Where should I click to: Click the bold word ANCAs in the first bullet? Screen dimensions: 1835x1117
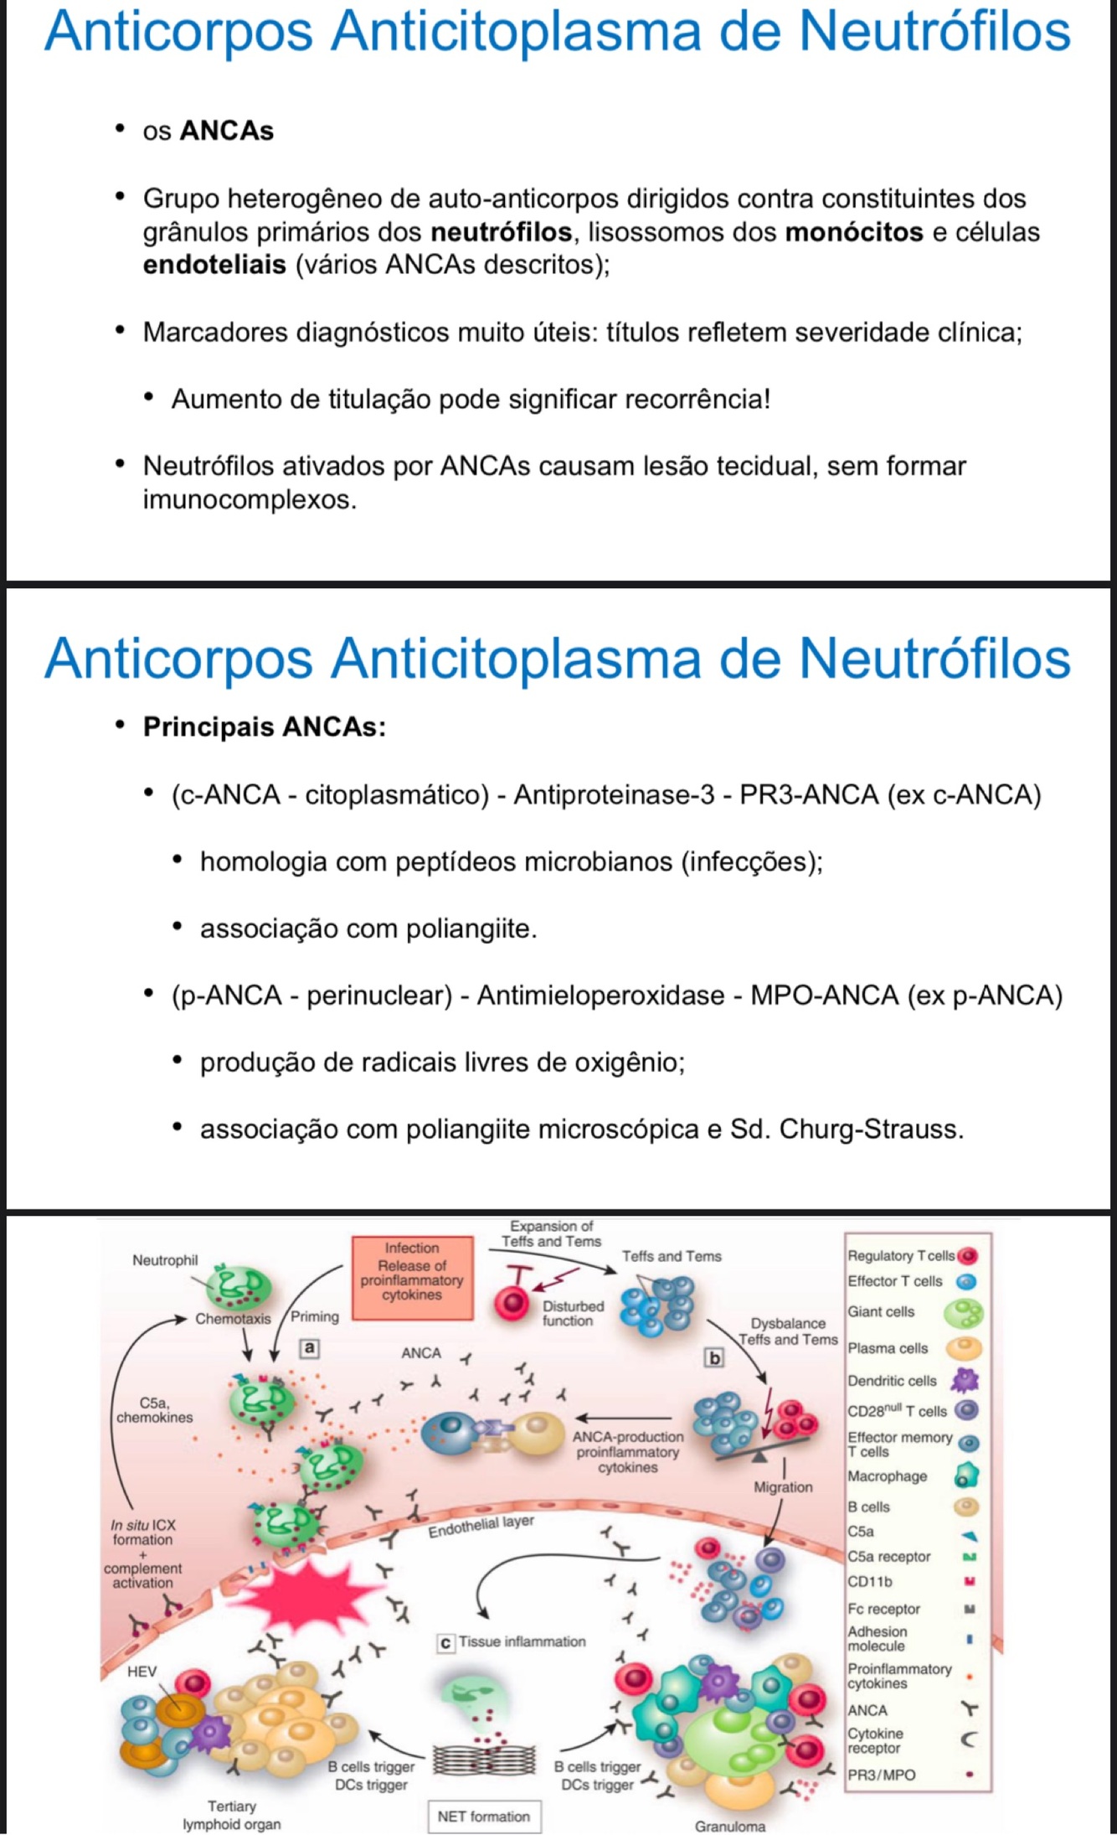(x=226, y=132)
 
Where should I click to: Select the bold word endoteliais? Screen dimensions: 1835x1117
(x=214, y=265)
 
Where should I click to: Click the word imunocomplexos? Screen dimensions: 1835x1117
(x=249, y=500)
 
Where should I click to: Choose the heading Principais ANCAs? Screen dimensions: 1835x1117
(x=264, y=726)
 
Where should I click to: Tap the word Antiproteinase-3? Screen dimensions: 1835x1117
(x=614, y=794)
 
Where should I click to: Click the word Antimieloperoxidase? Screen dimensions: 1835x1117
(x=600, y=995)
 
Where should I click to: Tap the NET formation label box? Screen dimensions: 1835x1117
(x=483, y=1816)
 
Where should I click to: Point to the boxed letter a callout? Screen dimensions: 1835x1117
(x=310, y=1348)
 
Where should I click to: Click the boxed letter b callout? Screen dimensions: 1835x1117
(x=714, y=1357)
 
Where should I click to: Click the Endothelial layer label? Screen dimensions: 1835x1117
(x=481, y=1526)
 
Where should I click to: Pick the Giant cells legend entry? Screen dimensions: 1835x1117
(x=881, y=1312)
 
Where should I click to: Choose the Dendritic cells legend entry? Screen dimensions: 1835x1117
(x=892, y=1381)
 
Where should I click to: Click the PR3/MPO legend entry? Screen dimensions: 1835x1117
(x=881, y=1775)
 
